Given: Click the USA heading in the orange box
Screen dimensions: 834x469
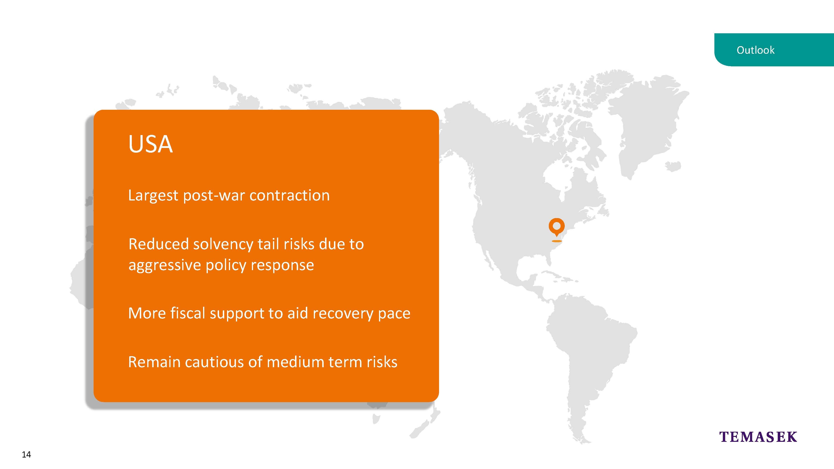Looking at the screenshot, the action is tap(151, 144).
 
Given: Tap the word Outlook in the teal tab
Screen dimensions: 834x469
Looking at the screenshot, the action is tap(755, 50).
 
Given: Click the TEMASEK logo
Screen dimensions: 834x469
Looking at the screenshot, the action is tap(758, 437).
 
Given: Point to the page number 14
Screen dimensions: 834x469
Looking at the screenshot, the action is tap(26, 454).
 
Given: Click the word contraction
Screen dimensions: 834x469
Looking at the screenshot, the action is tap(289, 196).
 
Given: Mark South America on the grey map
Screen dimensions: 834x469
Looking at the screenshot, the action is tap(589, 363).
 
